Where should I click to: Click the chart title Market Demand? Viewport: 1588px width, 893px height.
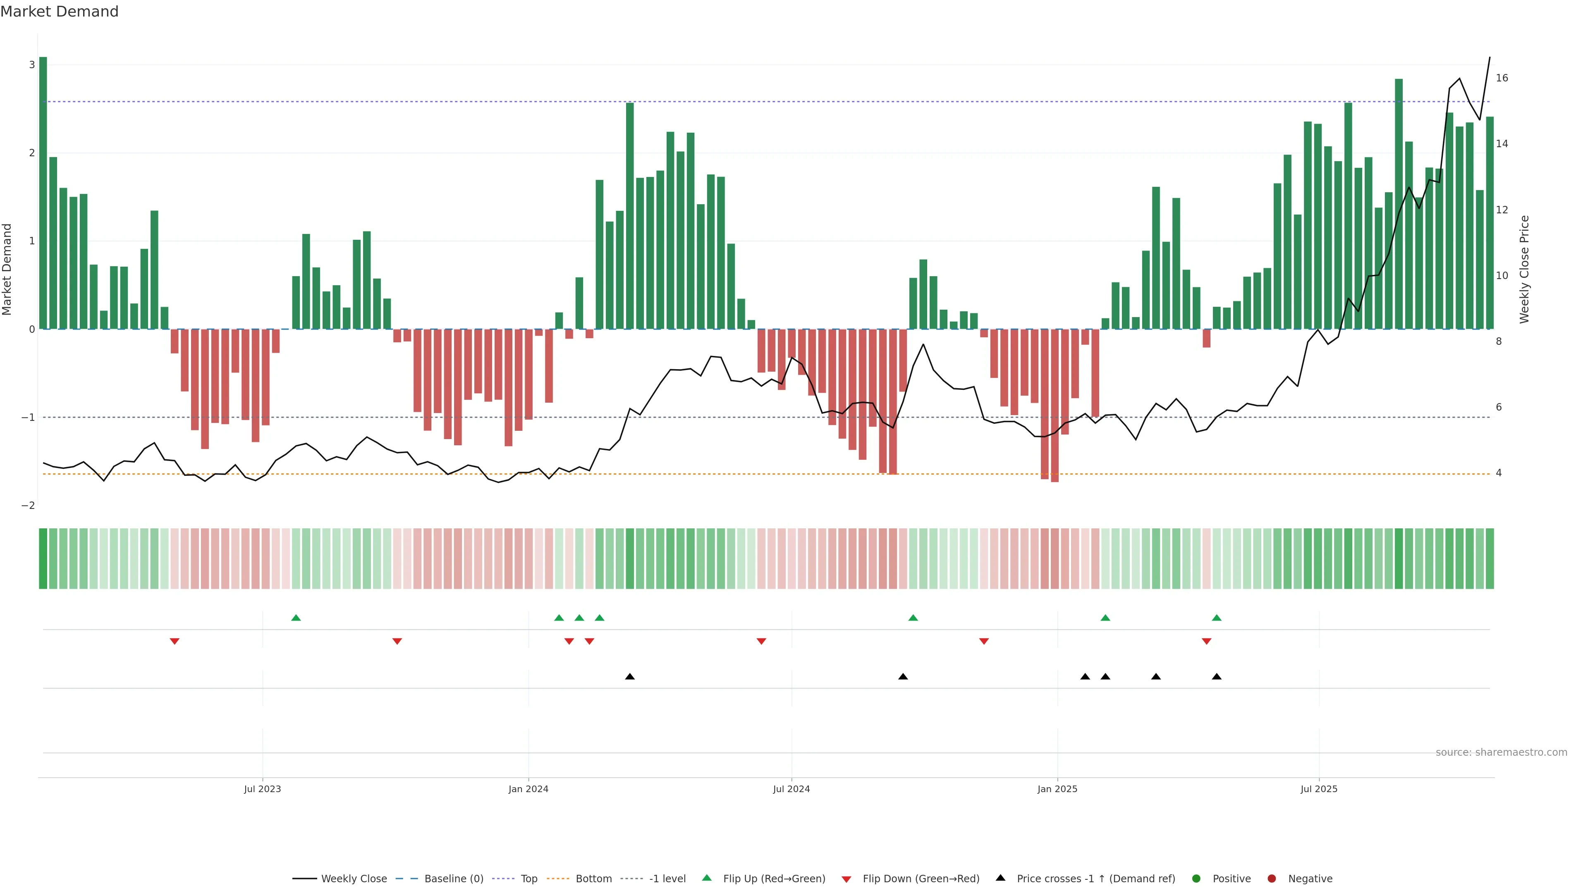pos(59,12)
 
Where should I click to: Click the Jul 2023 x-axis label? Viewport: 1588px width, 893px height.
pos(262,789)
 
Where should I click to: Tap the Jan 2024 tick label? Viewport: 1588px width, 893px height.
pos(529,789)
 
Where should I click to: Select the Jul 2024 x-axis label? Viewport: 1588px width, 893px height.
pos(792,789)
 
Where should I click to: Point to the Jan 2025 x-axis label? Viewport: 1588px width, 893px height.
pos(1057,789)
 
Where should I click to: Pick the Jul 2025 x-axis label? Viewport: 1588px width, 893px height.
pos(1319,789)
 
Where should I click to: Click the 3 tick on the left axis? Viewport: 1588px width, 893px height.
pos(31,65)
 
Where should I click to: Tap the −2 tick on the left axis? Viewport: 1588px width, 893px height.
pos(29,505)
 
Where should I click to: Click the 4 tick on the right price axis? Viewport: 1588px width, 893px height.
pos(1499,473)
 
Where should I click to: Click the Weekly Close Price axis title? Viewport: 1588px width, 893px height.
pos(1524,269)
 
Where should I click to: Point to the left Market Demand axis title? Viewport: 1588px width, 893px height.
pos(7,269)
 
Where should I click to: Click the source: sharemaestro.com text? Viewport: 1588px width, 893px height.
pos(1501,752)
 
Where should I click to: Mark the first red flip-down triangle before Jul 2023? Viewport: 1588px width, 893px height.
pos(175,642)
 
